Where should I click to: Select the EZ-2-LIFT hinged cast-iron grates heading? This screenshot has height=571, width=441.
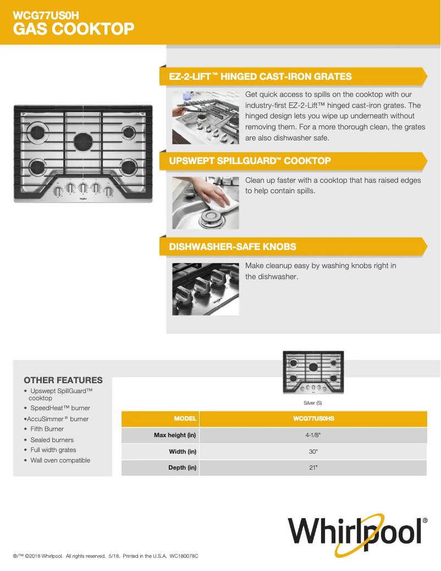coord(260,77)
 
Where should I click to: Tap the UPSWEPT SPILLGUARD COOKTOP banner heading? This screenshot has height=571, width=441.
coord(250,161)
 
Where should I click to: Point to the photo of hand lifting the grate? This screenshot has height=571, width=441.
coord(206,117)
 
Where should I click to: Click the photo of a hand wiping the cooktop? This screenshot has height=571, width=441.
coord(206,203)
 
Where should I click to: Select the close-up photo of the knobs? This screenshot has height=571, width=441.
coord(206,289)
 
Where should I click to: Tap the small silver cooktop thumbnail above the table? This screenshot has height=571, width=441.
coord(313,372)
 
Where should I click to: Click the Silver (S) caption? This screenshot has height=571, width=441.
coord(312,404)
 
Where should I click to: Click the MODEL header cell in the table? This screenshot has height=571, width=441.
coord(185,419)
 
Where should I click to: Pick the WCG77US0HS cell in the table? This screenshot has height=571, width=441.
coord(313,419)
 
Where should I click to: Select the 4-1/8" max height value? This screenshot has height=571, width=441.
coord(313,436)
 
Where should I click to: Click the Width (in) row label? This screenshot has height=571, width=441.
coord(182,452)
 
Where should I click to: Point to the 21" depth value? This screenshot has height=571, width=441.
coord(313,468)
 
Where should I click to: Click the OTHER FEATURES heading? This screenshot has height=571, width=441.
coord(63,380)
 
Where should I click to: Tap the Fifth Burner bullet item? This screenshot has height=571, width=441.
coord(47,429)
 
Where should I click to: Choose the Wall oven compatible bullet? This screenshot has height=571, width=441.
coord(60,460)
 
